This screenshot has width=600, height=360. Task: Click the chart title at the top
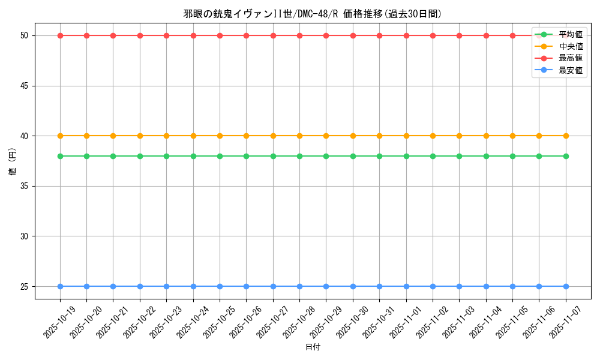(312, 14)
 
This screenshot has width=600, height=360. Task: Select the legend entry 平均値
(571, 35)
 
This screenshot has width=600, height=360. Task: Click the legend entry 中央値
(571, 46)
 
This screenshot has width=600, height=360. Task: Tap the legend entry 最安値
(571, 70)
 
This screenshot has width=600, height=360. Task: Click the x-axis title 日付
(313, 347)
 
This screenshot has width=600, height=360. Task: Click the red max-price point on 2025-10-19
(60, 35)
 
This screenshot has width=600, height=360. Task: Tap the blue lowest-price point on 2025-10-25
(220, 286)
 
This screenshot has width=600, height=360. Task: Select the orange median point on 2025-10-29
(326, 136)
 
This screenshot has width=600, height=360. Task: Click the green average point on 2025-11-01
(406, 156)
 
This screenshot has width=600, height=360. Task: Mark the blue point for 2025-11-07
(566, 286)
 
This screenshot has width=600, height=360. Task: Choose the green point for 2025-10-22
(140, 156)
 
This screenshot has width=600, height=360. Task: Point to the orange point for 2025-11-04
(486, 136)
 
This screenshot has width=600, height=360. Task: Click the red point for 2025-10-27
(273, 35)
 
